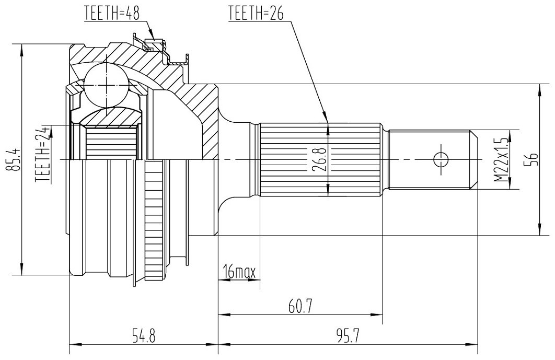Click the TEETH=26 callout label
coord(256,13)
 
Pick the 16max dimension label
coord(239,272)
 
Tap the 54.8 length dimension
coord(143,335)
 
